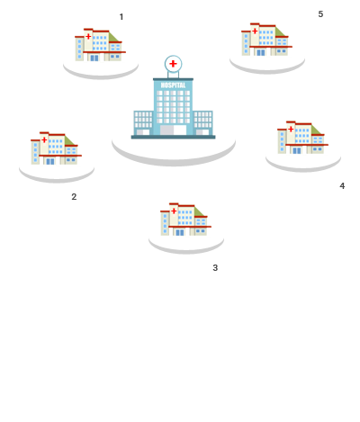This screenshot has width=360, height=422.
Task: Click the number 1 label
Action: click(121, 17)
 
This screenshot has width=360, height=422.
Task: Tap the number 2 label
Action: click(74, 197)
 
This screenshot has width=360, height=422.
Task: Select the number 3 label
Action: click(215, 268)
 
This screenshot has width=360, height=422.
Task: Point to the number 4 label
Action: click(342, 186)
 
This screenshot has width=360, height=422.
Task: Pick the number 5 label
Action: click(320, 14)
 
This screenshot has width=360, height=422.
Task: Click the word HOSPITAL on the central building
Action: click(173, 85)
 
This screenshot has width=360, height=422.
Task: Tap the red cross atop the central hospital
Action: click(173, 64)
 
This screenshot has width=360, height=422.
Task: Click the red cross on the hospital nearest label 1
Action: click(88, 37)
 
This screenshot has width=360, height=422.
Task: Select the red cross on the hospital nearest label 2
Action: click(44, 139)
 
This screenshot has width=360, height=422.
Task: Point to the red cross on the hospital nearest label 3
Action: click(174, 211)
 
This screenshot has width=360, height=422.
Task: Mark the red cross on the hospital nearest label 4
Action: click(291, 130)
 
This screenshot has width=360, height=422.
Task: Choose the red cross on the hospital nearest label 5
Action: click(255, 31)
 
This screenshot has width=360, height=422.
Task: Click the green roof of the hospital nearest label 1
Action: click(113, 37)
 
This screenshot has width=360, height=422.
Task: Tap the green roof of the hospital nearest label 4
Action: click(316, 130)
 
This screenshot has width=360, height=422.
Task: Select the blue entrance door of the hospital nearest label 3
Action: click(180, 232)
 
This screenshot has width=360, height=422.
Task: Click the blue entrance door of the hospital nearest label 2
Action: click(50, 161)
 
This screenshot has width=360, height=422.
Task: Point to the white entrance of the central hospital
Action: click(173, 130)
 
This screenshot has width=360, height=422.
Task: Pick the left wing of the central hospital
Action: click(143, 123)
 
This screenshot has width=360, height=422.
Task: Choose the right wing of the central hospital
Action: click(202, 123)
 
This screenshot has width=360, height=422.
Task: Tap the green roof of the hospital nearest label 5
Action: click(280, 31)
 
